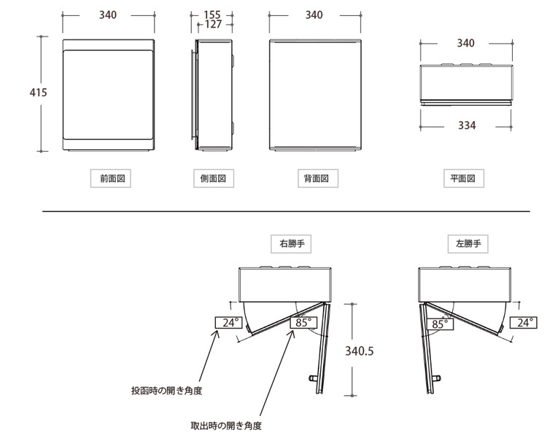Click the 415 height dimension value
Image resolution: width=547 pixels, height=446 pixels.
click(x=39, y=93)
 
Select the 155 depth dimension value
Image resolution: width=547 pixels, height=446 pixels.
click(x=212, y=15)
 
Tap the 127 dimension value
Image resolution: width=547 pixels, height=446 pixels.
click(x=213, y=24)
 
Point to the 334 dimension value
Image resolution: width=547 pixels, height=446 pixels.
click(x=467, y=125)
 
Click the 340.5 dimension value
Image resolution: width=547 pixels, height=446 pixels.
click(x=360, y=351)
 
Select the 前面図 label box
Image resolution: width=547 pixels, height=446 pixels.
click(x=111, y=179)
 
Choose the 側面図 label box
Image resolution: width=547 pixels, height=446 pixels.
click(x=214, y=179)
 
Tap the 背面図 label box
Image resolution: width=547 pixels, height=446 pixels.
click(x=318, y=179)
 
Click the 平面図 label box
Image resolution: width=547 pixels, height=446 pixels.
click(x=464, y=179)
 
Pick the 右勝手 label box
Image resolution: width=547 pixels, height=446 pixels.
click(x=291, y=243)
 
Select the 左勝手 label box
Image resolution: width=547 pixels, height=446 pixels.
click(x=468, y=243)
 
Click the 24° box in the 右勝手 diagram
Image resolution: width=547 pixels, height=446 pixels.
click(x=228, y=323)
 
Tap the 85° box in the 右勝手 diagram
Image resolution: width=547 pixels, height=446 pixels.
click(x=303, y=323)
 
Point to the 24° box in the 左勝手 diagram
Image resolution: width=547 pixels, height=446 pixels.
click(x=523, y=323)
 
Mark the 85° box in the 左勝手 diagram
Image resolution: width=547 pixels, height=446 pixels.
click(x=440, y=324)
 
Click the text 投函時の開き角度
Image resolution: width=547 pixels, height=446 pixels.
click(x=167, y=391)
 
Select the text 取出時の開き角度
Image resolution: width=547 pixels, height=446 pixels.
click(x=226, y=426)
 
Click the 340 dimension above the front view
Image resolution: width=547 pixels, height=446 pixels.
click(x=108, y=15)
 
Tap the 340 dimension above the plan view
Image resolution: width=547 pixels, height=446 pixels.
click(x=466, y=43)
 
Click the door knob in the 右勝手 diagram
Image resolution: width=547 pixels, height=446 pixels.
click(x=313, y=378)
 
